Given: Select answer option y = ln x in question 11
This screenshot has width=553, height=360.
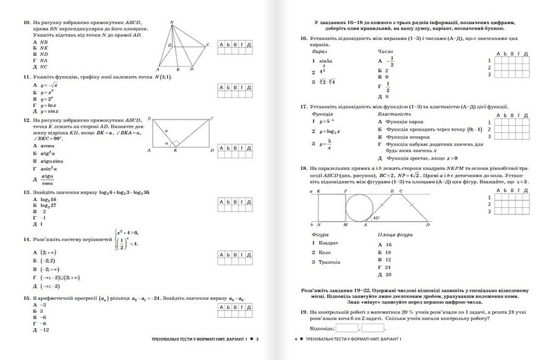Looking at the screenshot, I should coord(47,105).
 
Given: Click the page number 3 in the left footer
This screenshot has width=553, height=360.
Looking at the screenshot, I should coord(256,339).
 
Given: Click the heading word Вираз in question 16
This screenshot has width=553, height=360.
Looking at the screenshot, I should coord(321,52).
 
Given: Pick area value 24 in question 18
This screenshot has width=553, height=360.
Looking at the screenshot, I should coord(388,267).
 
